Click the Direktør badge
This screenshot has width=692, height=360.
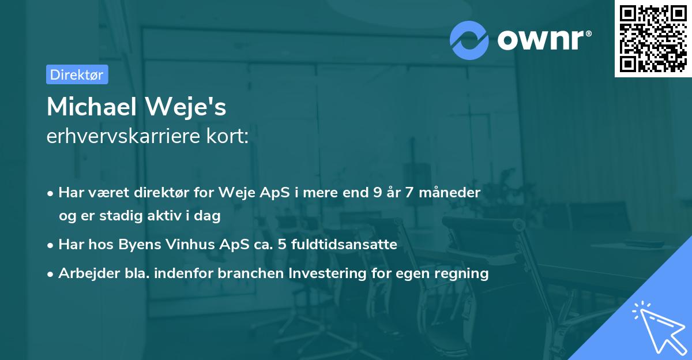tap(77, 74)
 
